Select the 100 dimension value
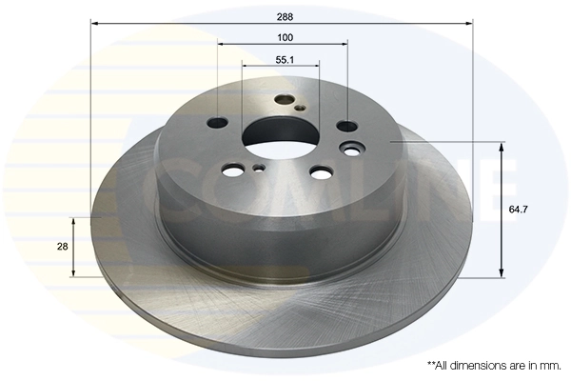click(x=285, y=37)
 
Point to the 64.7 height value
click(x=520, y=209)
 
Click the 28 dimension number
click(x=62, y=246)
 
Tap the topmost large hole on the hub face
click(x=284, y=100)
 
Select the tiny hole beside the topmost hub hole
click(x=300, y=108)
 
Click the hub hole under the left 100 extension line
click(x=218, y=122)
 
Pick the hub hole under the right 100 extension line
click(x=347, y=126)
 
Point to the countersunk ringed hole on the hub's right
click(x=355, y=149)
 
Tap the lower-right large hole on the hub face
click(x=321, y=172)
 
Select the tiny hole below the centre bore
click(x=259, y=170)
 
